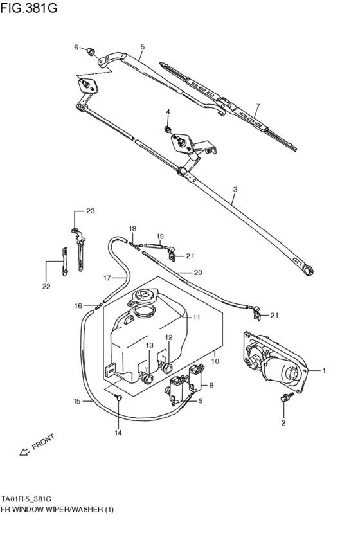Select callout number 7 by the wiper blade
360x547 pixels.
click(x=257, y=107)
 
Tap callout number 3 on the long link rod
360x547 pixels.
click(x=235, y=190)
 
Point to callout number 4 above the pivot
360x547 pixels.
click(x=168, y=112)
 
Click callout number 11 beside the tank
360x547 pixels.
click(x=197, y=317)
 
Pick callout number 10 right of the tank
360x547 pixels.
click(x=215, y=354)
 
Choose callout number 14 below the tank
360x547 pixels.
click(x=118, y=433)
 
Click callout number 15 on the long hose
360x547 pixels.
click(x=76, y=401)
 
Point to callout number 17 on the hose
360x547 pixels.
click(x=107, y=278)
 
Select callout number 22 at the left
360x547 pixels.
click(x=46, y=287)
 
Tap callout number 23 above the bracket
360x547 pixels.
click(x=90, y=211)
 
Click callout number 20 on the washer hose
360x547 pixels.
click(x=198, y=272)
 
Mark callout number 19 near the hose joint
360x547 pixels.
click(x=160, y=236)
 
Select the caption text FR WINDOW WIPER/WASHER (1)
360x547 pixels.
click(x=57, y=510)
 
